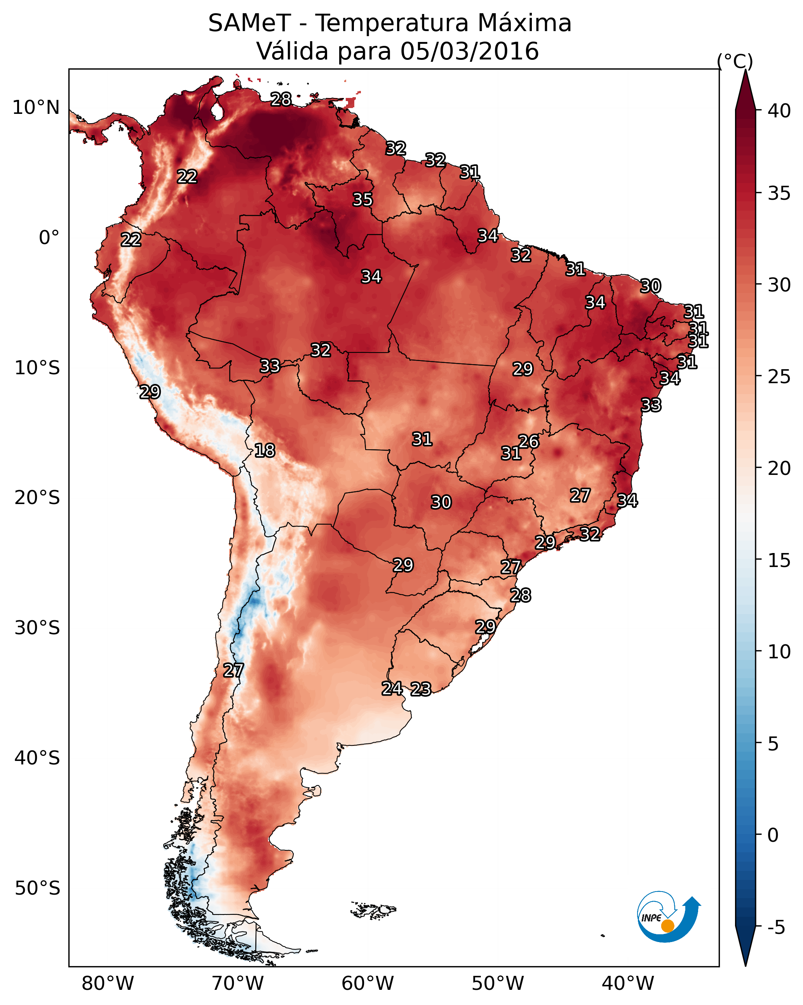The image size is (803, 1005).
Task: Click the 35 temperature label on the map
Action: [x=362, y=199]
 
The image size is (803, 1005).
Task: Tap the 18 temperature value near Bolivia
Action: [x=264, y=450]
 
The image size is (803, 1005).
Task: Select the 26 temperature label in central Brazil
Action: [x=528, y=441]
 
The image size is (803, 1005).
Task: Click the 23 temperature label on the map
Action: [x=421, y=689]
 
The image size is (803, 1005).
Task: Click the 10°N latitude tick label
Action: [x=36, y=108]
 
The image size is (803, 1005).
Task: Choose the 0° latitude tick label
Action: [x=49, y=238]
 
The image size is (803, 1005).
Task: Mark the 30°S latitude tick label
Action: [x=37, y=628]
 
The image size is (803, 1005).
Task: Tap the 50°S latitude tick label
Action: [x=37, y=888]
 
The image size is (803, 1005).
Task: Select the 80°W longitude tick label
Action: [x=108, y=984]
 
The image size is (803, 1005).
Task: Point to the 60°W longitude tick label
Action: [x=368, y=984]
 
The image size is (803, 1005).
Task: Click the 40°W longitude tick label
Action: [x=628, y=984]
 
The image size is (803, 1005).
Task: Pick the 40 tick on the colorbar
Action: [x=779, y=111]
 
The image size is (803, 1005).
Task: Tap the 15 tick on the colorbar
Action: [x=779, y=560]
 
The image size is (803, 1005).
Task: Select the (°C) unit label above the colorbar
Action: [x=735, y=61]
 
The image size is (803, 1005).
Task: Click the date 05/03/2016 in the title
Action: [x=469, y=51]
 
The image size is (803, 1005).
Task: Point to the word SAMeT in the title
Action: [x=249, y=23]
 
